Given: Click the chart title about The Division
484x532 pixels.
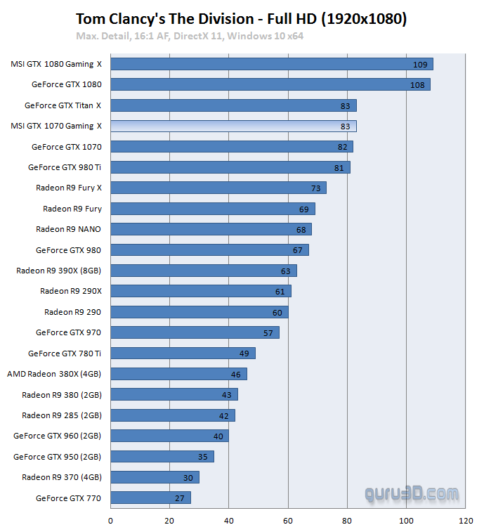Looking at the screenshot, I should [241, 19].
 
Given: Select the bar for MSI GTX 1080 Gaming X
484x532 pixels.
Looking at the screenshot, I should [271, 64].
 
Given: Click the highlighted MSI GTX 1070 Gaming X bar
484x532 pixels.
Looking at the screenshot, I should [233, 126].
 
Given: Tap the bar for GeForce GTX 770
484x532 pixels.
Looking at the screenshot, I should [150, 498].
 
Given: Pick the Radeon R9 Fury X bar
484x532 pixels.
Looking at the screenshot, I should [218, 188].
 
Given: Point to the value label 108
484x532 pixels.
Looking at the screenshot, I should [419, 84].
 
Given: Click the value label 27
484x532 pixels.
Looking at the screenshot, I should [180, 498].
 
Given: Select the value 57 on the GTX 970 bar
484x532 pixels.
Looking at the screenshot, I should [268, 332].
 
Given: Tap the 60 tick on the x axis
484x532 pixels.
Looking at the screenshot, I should [288, 521].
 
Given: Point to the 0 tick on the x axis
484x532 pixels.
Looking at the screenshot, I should [110, 521].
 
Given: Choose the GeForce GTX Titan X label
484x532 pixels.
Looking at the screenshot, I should [63, 105].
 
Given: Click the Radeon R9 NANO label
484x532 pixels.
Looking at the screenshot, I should [69, 229].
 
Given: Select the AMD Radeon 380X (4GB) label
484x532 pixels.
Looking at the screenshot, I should [54, 374].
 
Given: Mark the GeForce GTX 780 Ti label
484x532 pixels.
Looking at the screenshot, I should [65, 353].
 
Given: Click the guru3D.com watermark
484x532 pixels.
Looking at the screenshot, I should [412, 494].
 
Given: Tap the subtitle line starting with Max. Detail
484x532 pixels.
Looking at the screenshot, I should [190, 35].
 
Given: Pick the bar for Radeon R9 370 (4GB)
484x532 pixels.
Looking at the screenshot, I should [155, 477].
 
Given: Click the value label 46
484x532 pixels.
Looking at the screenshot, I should [236, 374].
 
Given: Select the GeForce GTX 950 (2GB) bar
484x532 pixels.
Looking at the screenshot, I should [162, 457].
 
